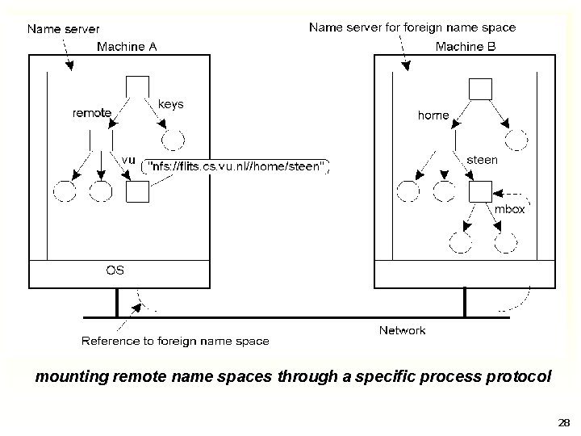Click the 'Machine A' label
[x=127, y=46]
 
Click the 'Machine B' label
[x=466, y=46]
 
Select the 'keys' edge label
[x=170, y=104]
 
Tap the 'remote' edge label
[x=92, y=113]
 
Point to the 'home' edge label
[x=433, y=115]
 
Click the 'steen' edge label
[x=483, y=160]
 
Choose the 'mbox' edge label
[x=509, y=209]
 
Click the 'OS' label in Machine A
[x=115, y=270]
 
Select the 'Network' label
[x=403, y=329]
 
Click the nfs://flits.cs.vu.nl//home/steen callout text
[x=236, y=167]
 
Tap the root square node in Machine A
[x=137, y=86]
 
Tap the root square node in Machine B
[x=482, y=89]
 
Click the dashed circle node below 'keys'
[x=173, y=140]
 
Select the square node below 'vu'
[x=138, y=191]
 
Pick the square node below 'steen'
[x=481, y=192]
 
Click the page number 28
[x=563, y=422]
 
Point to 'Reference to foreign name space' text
[x=175, y=341]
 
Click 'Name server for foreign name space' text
[x=412, y=27]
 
